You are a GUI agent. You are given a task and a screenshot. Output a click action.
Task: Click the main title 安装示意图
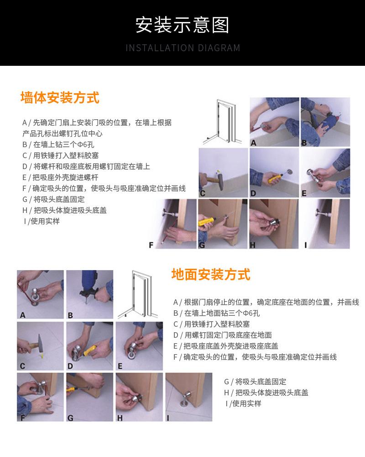(182, 25)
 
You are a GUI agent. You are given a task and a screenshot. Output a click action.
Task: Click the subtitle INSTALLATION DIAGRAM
(183, 48)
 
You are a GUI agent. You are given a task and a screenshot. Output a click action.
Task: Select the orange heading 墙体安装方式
(60, 97)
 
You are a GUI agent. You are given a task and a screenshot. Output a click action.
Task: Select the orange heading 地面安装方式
(211, 274)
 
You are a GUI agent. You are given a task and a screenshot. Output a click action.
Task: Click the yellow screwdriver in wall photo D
(275, 177)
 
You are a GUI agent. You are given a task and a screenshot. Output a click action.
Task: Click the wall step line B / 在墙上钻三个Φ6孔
(58, 144)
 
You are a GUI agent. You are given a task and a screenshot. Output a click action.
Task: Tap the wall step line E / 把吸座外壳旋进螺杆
(60, 177)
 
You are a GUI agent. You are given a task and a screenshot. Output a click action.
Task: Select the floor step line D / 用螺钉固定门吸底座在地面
(223, 335)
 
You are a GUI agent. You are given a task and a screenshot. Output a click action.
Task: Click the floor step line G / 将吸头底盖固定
(255, 382)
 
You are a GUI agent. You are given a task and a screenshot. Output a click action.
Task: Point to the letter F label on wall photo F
(151, 245)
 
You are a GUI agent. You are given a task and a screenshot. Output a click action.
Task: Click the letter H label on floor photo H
(120, 418)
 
